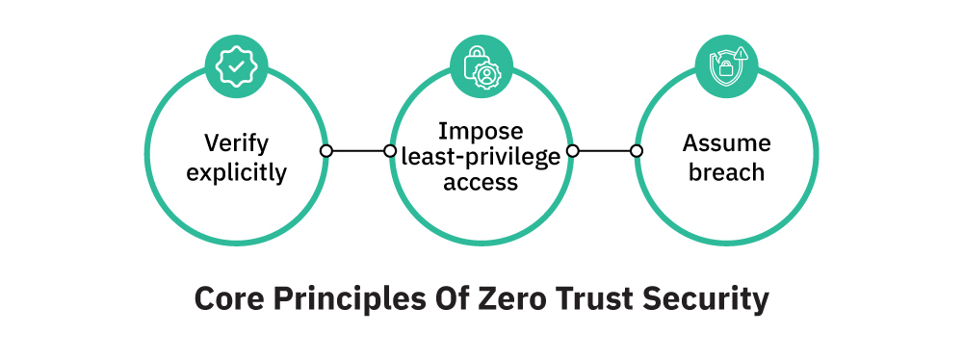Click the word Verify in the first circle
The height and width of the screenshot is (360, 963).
coord(236,143)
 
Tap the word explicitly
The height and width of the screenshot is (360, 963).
coord(236,173)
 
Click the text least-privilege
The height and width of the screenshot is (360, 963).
coord(481,156)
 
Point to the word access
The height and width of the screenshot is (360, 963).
coord(481,182)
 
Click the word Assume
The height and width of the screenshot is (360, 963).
coord(727,143)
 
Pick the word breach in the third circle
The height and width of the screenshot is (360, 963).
coord(727,173)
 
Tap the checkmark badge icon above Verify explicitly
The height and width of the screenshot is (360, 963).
coord(236,65)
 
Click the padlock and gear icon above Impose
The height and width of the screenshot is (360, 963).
coord(481,65)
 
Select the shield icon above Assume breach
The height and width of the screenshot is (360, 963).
coord(727,65)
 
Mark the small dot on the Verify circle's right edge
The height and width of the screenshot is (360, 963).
coord(326,151)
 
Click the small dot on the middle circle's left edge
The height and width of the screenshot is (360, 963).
coord(390,151)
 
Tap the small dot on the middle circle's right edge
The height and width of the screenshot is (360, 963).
coord(572,151)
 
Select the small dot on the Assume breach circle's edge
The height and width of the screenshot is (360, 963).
coord(637,151)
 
